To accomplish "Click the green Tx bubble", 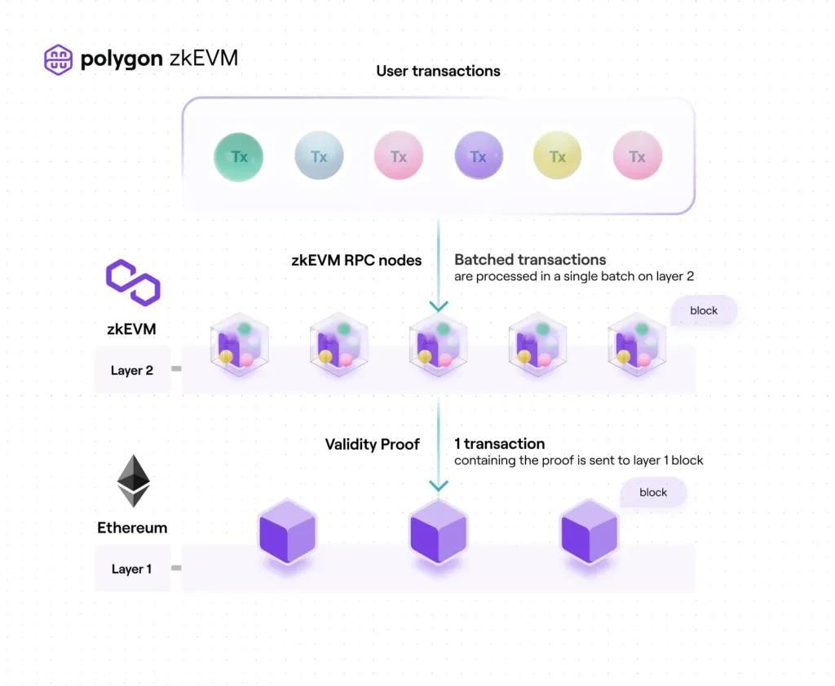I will click(x=239, y=156).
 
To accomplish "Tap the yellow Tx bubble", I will click(x=558, y=156).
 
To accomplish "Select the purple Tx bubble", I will click(x=478, y=156).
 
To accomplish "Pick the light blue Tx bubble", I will click(x=319, y=156).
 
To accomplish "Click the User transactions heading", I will click(x=438, y=71).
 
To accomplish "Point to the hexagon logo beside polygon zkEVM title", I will click(x=58, y=59).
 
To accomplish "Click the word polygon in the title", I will click(x=121, y=59).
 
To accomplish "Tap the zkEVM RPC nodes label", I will click(x=356, y=261).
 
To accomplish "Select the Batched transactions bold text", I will click(x=530, y=260).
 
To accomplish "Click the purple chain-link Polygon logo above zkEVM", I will click(x=133, y=282).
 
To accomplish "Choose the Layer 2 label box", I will click(x=132, y=371).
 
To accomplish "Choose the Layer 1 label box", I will click(x=132, y=569).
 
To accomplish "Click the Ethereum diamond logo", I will click(x=133, y=481).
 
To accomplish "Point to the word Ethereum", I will click(x=132, y=527).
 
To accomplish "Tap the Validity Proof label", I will click(x=373, y=444).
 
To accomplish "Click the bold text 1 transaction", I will click(x=499, y=444).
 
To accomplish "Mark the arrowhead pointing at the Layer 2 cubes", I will click(x=439, y=306).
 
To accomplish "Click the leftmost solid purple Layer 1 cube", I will click(x=287, y=534).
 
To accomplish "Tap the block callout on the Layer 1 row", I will click(x=653, y=492).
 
